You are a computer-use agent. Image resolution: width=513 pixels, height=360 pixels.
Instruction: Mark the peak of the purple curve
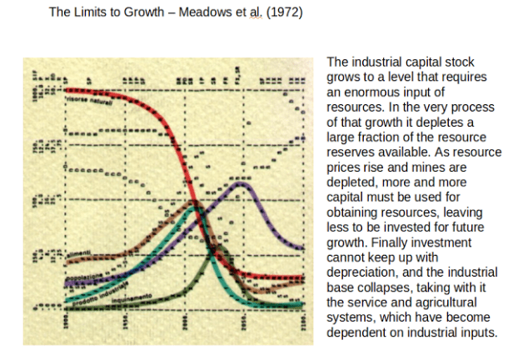coord(241,182)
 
